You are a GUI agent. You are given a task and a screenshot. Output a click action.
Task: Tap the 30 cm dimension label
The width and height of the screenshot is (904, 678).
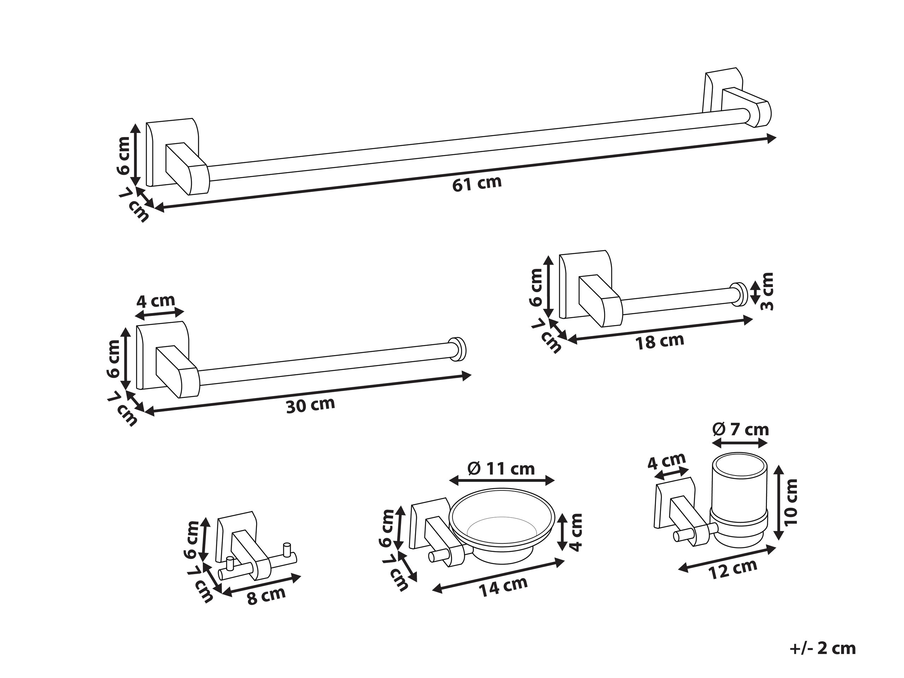point(310,405)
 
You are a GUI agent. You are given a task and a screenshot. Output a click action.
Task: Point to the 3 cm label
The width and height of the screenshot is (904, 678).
point(767,292)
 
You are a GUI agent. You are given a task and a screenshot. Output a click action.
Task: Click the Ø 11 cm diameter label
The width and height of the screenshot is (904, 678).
point(501,469)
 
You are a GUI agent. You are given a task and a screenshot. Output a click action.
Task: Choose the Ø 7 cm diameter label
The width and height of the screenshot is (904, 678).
point(740,430)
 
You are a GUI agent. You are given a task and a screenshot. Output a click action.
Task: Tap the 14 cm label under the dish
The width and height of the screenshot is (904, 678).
point(503,586)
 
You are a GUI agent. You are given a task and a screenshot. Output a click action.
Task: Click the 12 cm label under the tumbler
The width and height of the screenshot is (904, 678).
point(733,569)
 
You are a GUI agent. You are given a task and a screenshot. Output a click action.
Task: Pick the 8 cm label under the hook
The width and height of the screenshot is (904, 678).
point(266,596)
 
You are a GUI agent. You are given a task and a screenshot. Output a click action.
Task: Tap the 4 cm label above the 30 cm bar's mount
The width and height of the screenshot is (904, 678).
point(155,302)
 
